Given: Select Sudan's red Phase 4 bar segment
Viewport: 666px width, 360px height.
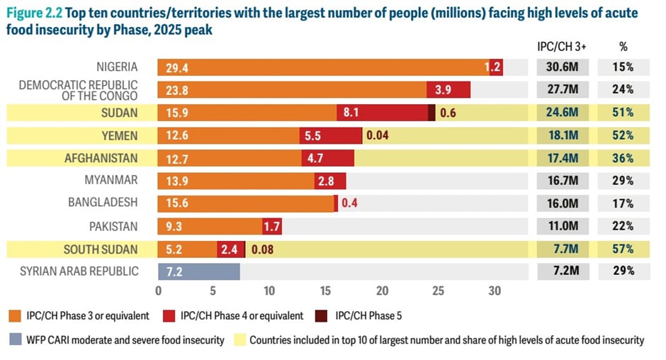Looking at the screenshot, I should (383, 113).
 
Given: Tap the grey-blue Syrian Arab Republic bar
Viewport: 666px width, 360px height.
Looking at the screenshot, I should (199, 271).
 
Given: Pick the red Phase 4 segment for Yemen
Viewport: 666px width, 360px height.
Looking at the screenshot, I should (331, 135).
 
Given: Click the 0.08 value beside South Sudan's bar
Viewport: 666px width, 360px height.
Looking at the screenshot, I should (263, 249).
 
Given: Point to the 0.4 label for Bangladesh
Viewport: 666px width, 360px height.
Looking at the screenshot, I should (349, 203).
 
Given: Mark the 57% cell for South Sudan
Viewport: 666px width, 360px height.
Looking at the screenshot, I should (623, 249).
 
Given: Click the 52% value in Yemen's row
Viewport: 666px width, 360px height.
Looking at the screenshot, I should (623, 135).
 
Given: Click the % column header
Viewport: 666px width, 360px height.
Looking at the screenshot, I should (623, 46).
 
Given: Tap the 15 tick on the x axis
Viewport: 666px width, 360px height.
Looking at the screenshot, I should (326, 291).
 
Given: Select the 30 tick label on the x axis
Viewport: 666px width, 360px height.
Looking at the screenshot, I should (495, 291).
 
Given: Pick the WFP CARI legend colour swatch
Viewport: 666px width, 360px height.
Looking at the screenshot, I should (16, 340).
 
